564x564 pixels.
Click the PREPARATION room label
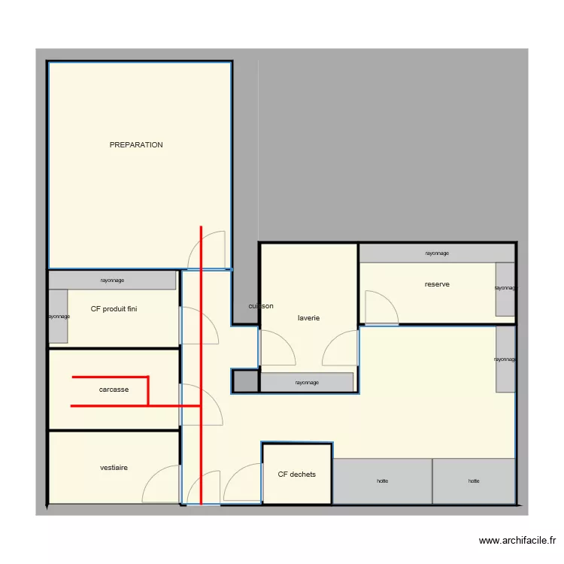(x=136, y=145)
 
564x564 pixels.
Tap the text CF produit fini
(x=114, y=309)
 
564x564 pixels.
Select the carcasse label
(x=114, y=390)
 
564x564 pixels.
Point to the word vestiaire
(x=114, y=468)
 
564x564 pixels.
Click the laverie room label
(x=308, y=318)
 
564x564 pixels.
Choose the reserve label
(x=437, y=284)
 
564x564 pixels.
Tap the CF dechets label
(x=297, y=475)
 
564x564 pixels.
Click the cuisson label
(x=261, y=306)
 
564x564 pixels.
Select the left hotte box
(x=383, y=481)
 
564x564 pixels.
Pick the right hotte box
(x=474, y=481)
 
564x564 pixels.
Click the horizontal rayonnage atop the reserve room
(x=437, y=253)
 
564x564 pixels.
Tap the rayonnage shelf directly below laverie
(x=307, y=382)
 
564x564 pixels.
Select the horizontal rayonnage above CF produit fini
(x=112, y=280)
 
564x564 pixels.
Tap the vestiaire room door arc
(x=162, y=485)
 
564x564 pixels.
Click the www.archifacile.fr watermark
(x=517, y=541)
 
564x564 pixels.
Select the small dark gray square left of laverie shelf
(x=244, y=381)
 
